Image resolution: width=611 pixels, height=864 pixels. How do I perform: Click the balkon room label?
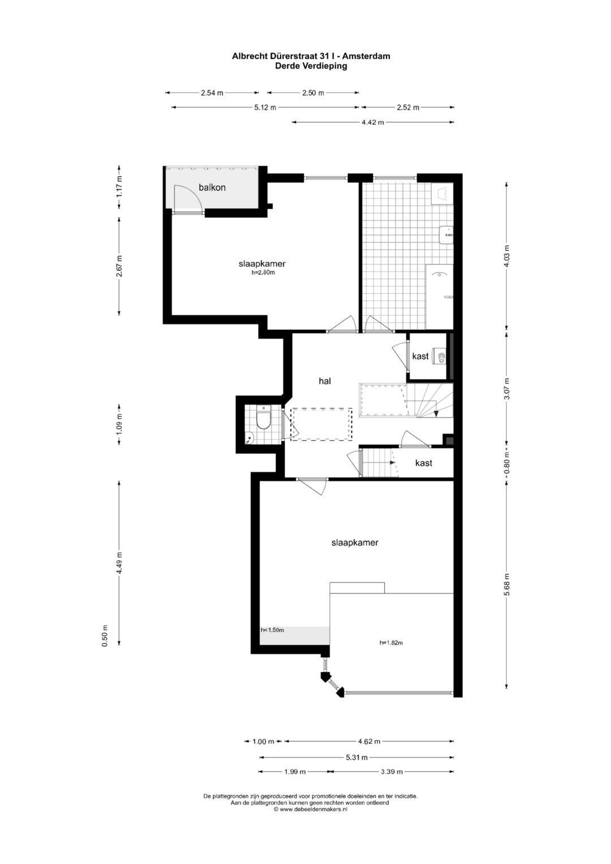pos(212,187)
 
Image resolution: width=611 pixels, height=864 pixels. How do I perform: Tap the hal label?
pos(324,381)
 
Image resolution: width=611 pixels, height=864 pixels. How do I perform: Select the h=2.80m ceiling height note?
pos(263,273)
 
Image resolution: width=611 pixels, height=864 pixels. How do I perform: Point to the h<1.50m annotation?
pos(272,630)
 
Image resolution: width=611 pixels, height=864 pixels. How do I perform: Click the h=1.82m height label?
pos(391,643)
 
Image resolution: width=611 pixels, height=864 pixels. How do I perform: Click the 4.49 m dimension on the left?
pos(119,562)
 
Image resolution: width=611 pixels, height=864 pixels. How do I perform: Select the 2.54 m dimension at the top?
pos(212,93)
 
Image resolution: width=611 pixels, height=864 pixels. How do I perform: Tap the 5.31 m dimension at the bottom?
pos(356,757)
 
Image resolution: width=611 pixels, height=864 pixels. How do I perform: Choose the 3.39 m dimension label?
pos(391,771)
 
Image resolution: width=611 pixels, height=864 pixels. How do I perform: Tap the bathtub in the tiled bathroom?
pos(440,295)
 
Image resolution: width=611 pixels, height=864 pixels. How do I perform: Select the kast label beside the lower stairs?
pos(424,463)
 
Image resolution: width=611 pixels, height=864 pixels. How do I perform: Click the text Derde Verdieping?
pos(311,66)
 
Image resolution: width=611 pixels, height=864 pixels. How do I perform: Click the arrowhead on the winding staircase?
pos(436,413)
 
